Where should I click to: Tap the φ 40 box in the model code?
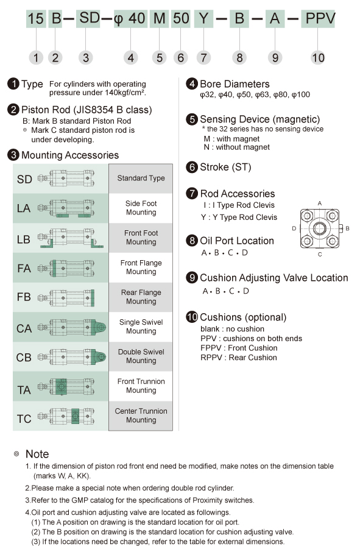[x=130, y=18]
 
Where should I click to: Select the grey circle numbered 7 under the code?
[x=203, y=57]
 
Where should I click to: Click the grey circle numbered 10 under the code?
[x=317, y=57]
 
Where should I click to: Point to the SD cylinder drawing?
[x=66, y=179]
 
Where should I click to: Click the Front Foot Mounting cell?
[x=141, y=238]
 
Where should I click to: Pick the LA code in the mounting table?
[x=24, y=208]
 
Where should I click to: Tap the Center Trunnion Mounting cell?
[x=141, y=415]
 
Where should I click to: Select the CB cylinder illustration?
[x=72, y=357]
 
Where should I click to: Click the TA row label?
[x=24, y=390]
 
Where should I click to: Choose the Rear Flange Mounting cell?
[x=141, y=297]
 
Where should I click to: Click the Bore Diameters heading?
[x=235, y=84]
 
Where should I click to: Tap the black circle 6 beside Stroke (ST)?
[x=192, y=167]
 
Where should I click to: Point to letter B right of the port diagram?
[x=348, y=228]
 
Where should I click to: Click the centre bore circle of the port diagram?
[x=320, y=228]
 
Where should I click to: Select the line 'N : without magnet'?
[x=236, y=147]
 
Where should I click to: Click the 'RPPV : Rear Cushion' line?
[x=239, y=358]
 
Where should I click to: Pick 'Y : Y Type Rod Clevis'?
[x=239, y=217]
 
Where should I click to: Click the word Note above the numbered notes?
[x=37, y=454]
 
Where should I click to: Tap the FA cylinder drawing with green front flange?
[x=66, y=268]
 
